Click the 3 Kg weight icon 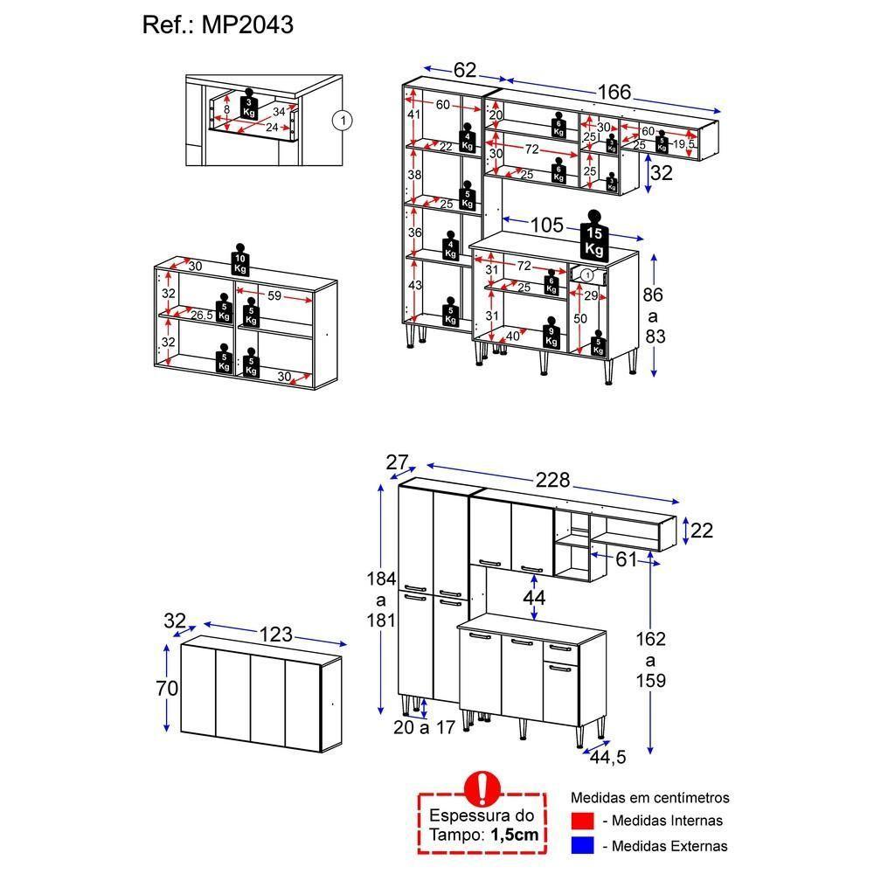(x=249, y=108)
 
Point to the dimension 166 (x=614, y=93)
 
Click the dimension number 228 (x=552, y=480)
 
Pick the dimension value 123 (x=273, y=635)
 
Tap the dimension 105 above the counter (x=547, y=225)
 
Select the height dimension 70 (x=167, y=688)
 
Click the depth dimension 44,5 (x=607, y=757)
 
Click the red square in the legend (x=582, y=821)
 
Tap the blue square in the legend (x=582, y=845)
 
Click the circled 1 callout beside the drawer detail (x=343, y=121)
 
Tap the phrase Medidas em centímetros (x=649, y=798)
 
